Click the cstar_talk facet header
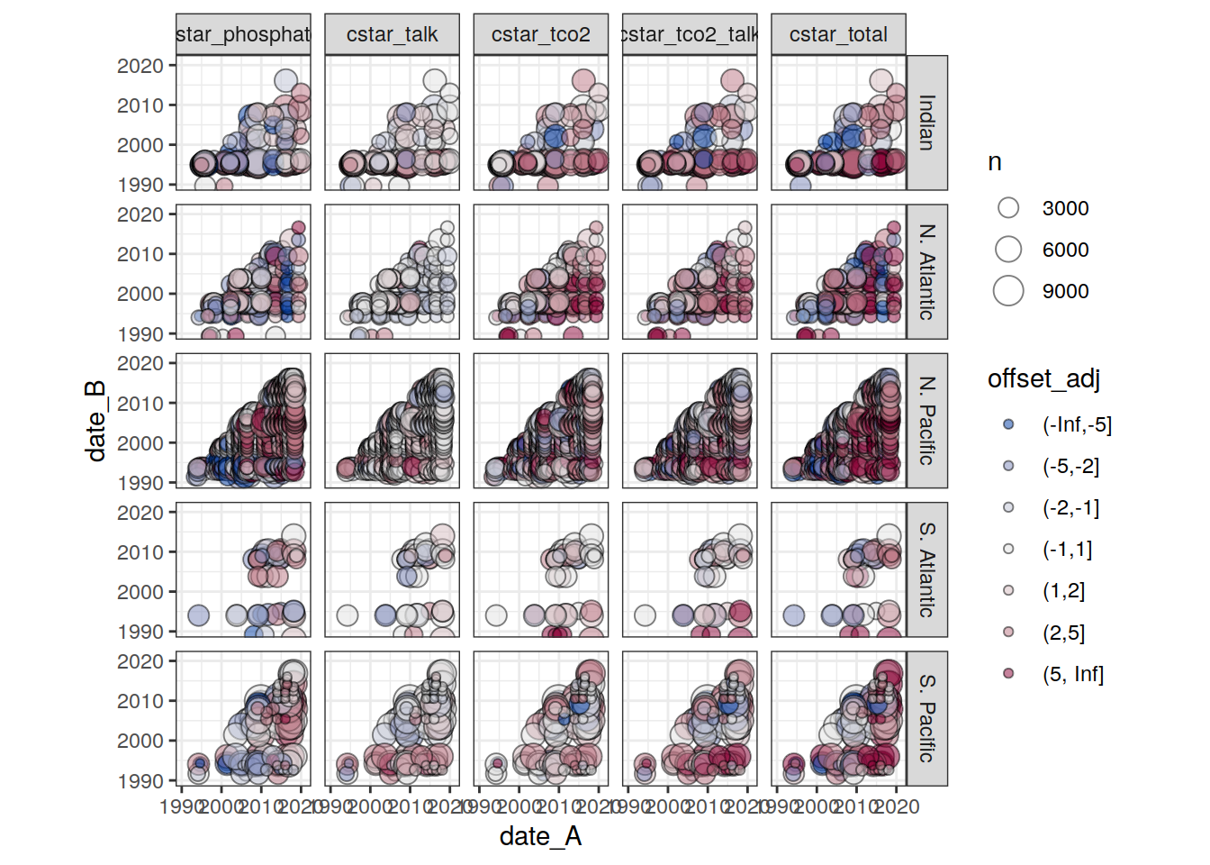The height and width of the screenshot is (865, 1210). (x=392, y=35)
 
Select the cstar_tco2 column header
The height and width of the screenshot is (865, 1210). (x=540, y=35)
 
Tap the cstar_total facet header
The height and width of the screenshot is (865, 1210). (x=838, y=35)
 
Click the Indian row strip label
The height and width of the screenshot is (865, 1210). (x=926, y=123)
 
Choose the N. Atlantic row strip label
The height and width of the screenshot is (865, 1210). (x=926, y=271)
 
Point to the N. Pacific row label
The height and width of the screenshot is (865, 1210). (x=926, y=421)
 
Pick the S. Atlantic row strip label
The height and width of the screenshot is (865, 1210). (x=926, y=569)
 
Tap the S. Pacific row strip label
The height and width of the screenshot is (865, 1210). (x=926, y=718)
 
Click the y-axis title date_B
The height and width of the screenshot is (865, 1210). (x=96, y=421)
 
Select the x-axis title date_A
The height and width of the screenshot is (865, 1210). (x=540, y=836)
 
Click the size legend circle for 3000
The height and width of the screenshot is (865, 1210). (x=1008, y=208)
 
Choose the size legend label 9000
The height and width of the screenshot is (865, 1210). (x=1065, y=291)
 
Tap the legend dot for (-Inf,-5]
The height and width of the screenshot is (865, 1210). (x=1008, y=424)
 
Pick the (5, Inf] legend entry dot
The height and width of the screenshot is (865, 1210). (x=1008, y=673)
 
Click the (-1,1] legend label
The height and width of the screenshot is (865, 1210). (x=1067, y=549)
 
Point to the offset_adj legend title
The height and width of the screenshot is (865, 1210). (x=1043, y=378)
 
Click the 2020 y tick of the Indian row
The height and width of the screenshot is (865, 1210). (x=140, y=66)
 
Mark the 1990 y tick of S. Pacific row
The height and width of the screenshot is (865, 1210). (x=140, y=781)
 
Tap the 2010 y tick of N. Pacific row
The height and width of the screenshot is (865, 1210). (x=140, y=404)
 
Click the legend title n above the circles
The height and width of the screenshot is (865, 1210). (x=995, y=162)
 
